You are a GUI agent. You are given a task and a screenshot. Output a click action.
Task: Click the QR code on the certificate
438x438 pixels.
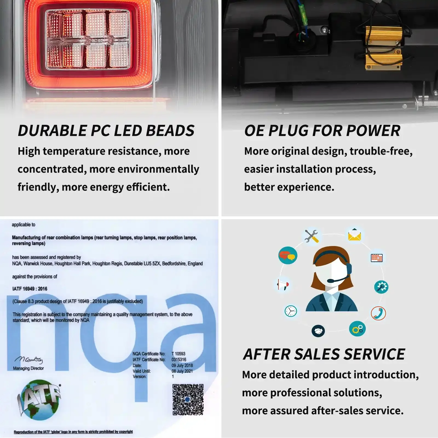[188, 399]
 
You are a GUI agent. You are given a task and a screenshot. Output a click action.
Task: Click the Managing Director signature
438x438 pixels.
[28, 359]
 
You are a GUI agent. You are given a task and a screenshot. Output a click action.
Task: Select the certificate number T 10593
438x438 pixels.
[178, 354]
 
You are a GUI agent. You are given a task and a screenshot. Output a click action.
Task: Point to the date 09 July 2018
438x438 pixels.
[182, 365]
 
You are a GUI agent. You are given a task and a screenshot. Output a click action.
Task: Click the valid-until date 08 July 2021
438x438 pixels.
[182, 371]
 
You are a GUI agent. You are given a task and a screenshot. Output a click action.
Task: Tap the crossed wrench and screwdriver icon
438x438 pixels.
[312, 236]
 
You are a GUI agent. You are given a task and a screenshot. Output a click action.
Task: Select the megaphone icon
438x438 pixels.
[283, 285]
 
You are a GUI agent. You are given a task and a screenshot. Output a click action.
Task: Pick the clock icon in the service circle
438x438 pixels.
[291, 311]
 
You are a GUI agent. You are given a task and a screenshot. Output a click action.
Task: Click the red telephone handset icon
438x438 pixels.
[378, 313]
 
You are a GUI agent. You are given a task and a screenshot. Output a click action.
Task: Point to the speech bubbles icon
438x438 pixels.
[288, 255]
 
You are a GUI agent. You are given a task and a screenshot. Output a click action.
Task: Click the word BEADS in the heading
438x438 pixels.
[170, 131]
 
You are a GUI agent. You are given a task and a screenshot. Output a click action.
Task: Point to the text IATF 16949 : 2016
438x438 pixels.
[30, 289]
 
